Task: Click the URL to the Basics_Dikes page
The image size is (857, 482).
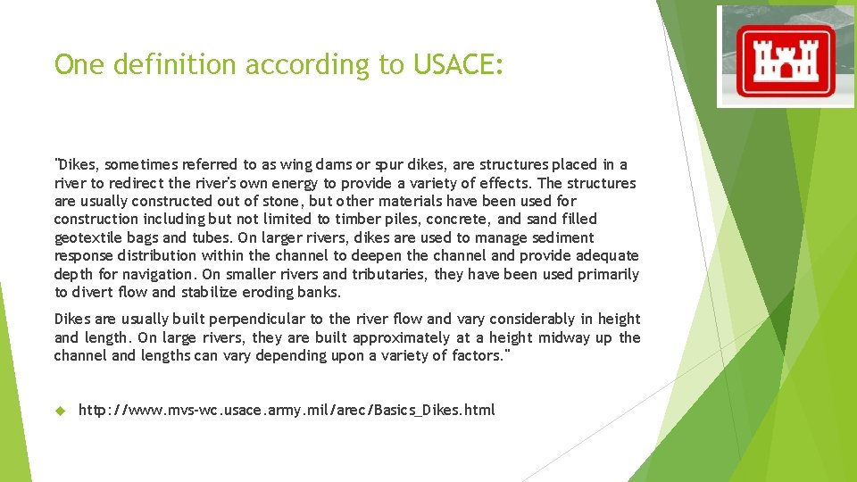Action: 286,410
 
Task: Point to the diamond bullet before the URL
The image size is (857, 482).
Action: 61,410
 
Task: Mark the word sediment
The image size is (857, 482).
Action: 562,237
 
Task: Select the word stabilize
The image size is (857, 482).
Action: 215,292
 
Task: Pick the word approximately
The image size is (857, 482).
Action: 408,337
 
